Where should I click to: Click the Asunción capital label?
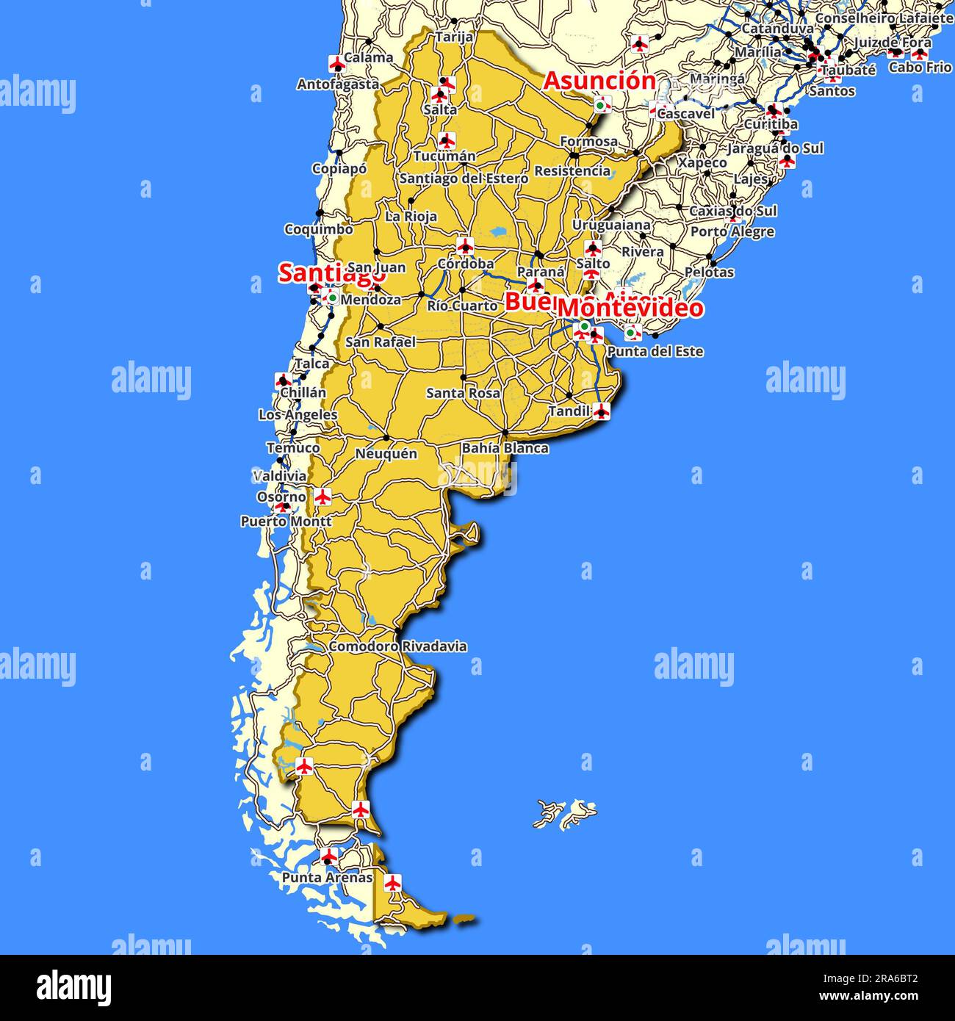(599, 81)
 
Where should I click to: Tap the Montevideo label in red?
(630, 308)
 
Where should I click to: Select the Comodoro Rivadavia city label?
(397, 647)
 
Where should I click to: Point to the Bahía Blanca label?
(505, 448)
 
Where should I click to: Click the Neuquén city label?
(386, 454)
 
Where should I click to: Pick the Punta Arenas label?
(327, 878)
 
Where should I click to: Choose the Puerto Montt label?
(286, 522)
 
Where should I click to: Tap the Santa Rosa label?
(463, 393)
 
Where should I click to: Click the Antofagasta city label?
(338, 84)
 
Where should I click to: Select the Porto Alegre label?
(732, 232)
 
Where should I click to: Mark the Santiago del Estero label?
(464, 178)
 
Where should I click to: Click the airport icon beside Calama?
(337, 63)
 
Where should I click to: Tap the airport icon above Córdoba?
(464, 245)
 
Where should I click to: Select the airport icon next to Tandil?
(602, 411)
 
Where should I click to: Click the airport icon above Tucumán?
(446, 140)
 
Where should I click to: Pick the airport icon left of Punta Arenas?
(329, 856)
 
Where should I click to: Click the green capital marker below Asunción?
(602, 105)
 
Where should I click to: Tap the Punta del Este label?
(655, 352)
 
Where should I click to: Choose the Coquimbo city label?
(318, 230)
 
